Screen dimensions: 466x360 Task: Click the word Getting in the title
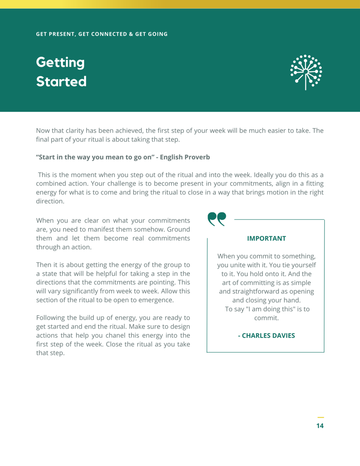pyautogui.click(x=60, y=63)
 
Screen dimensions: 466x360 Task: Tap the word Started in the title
pyautogui.click(x=61, y=82)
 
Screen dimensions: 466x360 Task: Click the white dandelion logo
pyautogui.click(x=306, y=72)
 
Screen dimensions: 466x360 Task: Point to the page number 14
pyautogui.click(x=320, y=426)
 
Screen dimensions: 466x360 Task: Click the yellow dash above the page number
pyautogui.click(x=321, y=417)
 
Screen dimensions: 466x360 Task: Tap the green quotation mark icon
pyautogui.click(x=217, y=219)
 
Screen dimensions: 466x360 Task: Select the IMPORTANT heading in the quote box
pyautogui.click(x=267, y=239)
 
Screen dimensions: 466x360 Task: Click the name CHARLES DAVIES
pyautogui.click(x=268, y=336)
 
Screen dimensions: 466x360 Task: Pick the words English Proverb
pyautogui.click(x=185, y=157)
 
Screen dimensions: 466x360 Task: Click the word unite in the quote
pyautogui.click(x=246, y=265)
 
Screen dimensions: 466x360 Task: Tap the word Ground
pyautogui.click(x=178, y=230)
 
